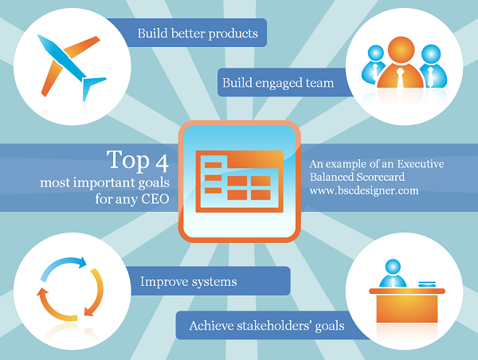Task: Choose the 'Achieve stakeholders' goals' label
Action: pos(266,325)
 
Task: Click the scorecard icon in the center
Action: pos(238,180)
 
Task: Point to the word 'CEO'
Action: pos(153,200)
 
